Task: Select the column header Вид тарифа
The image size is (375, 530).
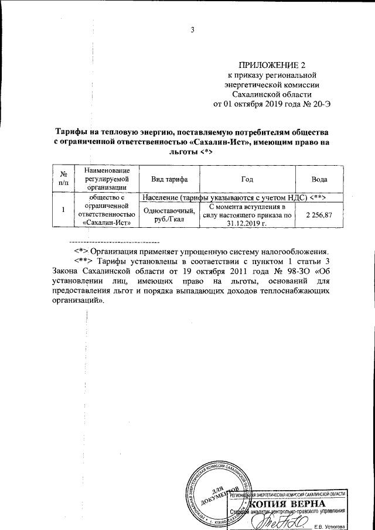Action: tap(166, 179)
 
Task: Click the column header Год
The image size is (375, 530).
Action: tap(247, 179)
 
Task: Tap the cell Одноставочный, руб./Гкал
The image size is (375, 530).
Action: tap(166, 215)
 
